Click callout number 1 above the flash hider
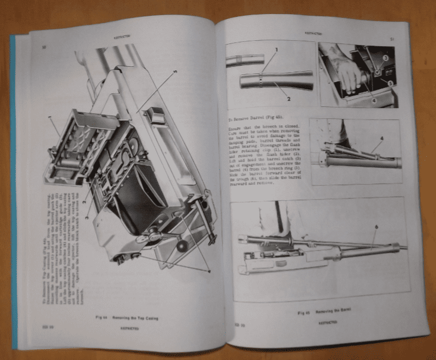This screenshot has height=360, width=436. [275, 49]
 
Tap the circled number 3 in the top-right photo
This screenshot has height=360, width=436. [386, 57]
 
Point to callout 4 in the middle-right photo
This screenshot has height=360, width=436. [381, 138]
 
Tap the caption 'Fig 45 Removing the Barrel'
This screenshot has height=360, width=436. [318, 313]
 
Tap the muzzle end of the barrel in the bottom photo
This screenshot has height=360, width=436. [401, 247]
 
